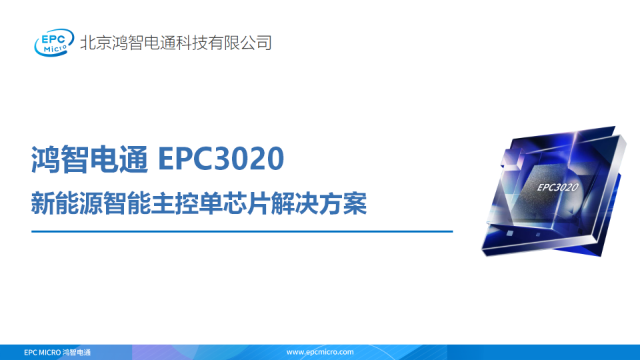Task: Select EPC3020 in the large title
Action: (x=221, y=159)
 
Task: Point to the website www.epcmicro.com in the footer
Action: (x=320, y=352)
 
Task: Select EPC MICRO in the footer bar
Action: (x=42, y=352)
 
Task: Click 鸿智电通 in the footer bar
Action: (x=76, y=352)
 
